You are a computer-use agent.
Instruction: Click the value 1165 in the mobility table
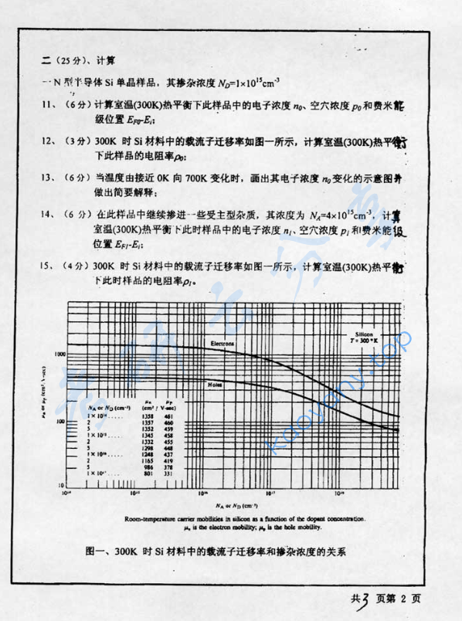tap(149, 460)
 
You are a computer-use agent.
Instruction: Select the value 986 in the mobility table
tap(149, 467)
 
